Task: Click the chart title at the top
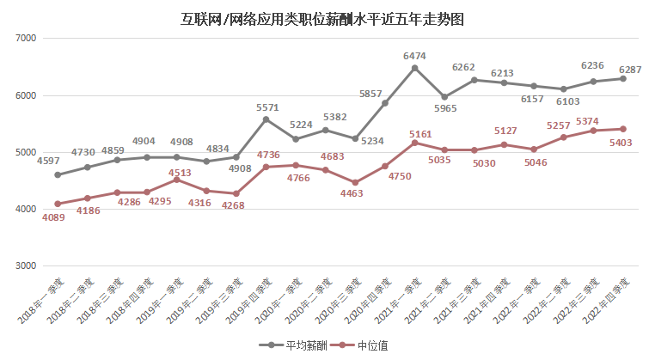pyautogui.click(x=323, y=19)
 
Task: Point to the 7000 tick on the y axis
pyautogui.click(x=23, y=39)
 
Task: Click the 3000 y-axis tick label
pyautogui.click(x=23, y=265)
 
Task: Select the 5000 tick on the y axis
pyautogui.click(x=23, y=152)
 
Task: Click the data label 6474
pyautogui.click(x=415, y=56)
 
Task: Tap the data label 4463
pyautogui.click(x=356, y=196)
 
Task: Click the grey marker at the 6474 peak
pyautogui.click(x=414, y=68)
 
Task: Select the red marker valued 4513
pyautogui.click(x=176, y=180)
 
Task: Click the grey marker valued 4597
pyautogui.click(x=58, y=174)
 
